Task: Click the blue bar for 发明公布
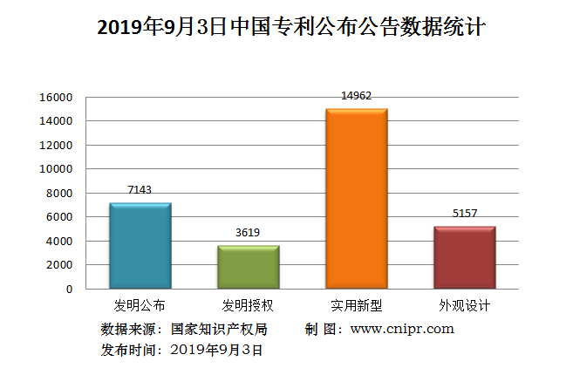(140, 246)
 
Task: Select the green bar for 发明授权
(249, 267)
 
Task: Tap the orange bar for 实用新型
(356, 199)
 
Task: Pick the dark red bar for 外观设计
(464, 257)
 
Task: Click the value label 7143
(140, 189)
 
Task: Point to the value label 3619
(249, 232)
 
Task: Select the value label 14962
(356, 95)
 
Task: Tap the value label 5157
(464, 213)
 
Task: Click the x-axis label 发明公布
(140, 306)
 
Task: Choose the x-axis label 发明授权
(249, 306)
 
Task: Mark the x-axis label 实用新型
(356, 306)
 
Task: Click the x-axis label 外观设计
(464, 306)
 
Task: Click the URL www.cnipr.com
(402, 329)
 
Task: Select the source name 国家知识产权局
(219, 329)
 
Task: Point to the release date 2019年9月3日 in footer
(216, 350)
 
